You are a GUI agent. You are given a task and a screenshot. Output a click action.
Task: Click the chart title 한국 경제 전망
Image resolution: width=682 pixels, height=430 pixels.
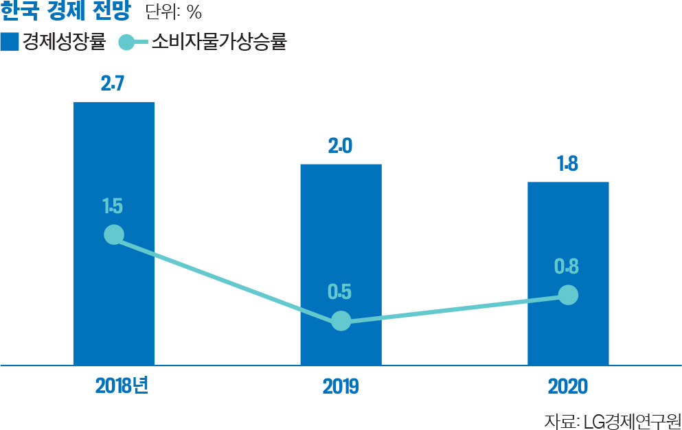[65, 12]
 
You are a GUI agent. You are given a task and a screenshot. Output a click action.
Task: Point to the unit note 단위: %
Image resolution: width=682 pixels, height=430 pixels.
[174, 13]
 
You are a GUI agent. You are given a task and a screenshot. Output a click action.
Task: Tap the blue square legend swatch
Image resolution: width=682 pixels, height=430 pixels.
[10, 43]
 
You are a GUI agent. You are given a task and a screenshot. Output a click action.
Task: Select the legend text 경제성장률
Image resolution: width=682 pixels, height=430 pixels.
[63, 43]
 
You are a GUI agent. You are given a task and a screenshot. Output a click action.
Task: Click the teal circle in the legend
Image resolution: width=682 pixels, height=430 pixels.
[128, 43]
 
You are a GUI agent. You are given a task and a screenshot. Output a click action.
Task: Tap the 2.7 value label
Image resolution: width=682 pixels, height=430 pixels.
[113, 84]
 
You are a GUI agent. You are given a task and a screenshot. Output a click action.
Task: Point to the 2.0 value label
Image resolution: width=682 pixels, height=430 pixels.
[341, 146]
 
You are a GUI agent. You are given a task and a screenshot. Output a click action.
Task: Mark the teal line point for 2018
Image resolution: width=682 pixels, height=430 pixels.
[114, 235]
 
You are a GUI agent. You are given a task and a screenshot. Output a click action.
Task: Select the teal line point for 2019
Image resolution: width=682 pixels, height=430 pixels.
[341, 320]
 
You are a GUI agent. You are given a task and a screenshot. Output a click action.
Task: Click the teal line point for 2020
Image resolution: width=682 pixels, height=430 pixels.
[567, 295]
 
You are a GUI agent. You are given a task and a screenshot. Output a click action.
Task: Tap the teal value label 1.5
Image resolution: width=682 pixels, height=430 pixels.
[113, 205]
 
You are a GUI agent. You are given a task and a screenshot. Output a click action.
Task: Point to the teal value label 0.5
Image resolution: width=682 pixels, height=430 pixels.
[340, 292]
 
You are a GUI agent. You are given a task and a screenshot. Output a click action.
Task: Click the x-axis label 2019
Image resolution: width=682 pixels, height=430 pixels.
[341, 386]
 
